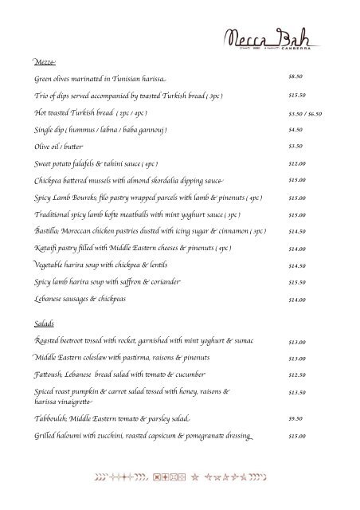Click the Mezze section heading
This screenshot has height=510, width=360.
point(45,61)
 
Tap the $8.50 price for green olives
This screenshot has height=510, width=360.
point(295,77)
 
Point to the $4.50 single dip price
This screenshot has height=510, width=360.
point(295,129)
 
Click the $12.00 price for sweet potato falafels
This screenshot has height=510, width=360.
point(297,163)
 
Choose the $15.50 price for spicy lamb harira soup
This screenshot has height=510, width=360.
point(297,282)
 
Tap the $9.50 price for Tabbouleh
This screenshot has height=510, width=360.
point(295,418)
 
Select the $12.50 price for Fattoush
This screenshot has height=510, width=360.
point(297,375)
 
